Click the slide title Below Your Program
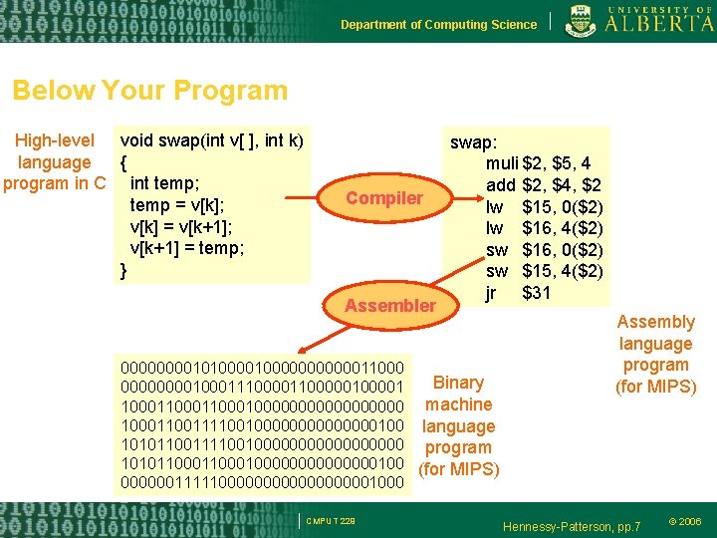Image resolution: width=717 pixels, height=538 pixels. click(149, 91)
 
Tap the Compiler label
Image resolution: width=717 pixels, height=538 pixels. click(383, 198)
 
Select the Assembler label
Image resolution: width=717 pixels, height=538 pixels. click(389, 305)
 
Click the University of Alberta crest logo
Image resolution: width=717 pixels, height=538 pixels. click(581, 21)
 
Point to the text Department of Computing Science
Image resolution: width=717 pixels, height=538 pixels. click(438, 25)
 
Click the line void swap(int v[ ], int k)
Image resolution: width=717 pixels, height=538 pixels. click(211, 140)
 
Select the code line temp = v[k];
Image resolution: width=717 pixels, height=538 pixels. click(177, 205)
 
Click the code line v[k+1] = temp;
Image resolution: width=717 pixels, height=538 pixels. click(187, 248)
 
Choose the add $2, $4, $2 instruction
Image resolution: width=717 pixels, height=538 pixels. click(542, 184)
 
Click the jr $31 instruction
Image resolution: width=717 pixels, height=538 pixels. click(518, 292)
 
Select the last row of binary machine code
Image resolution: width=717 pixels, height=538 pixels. click(261, 483)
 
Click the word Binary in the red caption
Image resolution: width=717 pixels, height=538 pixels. click(458, 383)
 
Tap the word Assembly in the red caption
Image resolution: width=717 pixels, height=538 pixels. click(655, 322)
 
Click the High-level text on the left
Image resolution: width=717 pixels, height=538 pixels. click(56, 140)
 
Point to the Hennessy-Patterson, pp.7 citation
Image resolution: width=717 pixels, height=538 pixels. click(573, 524)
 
